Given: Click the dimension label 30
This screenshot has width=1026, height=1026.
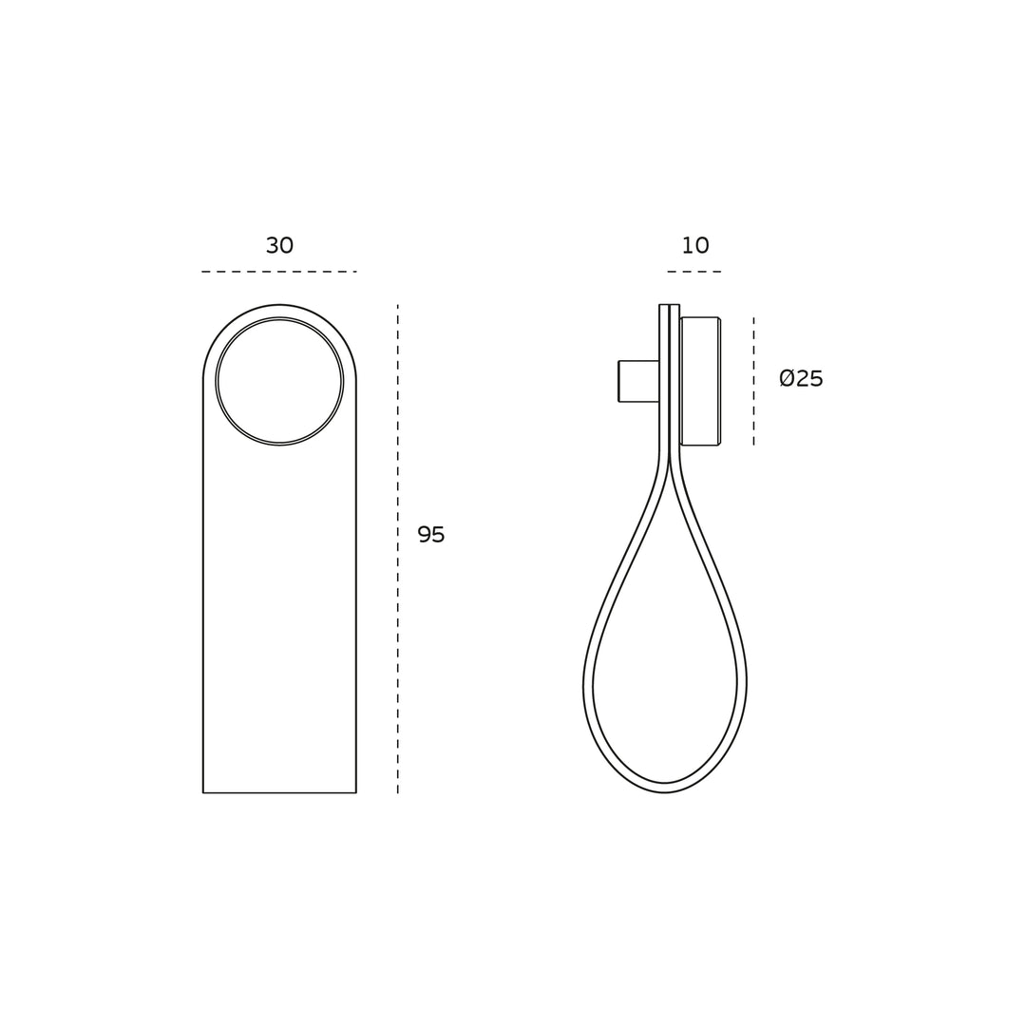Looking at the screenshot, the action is [x=279, y=245].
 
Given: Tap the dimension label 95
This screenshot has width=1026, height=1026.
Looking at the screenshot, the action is [x=431, y=535].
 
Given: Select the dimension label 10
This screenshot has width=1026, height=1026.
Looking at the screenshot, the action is [x=694, y=245].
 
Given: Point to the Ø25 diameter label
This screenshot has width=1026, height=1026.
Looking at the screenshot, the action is [x=801, y=378].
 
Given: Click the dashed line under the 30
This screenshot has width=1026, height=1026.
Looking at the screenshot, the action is [x=279, y=271].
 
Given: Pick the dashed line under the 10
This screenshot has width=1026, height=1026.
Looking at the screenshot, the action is [x=694, y=271].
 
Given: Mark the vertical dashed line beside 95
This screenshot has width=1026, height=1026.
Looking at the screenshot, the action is [x=398, y=549].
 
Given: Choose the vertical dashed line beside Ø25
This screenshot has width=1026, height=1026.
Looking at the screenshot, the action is [x=753, y=382].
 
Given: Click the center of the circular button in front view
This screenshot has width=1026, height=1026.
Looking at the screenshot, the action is [x=279, y=382].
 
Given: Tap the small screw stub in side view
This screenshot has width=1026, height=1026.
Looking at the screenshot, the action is [x=638, y=381].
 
